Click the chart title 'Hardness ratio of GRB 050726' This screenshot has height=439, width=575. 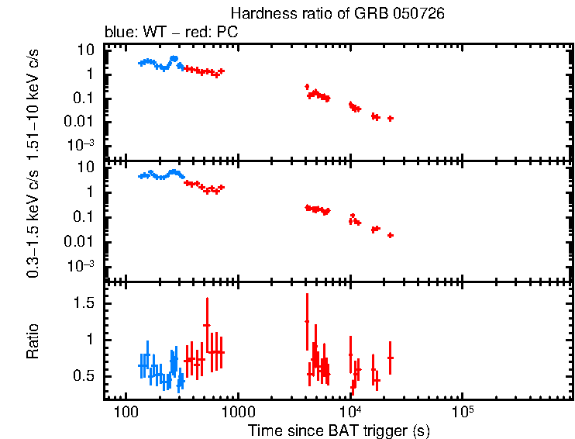(x=338, y=15)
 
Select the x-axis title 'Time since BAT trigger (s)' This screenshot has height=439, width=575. (x=339, y=430)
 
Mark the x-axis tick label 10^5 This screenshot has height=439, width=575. (x=463, y=409)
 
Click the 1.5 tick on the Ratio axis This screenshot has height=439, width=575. (x=84, y=303)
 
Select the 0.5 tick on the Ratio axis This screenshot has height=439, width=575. (x=84, y=375)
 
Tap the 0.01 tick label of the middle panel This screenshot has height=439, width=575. (x=81, y=241)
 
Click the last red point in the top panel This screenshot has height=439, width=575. (x=391, y=119)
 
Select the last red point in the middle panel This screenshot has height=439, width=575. (x=391, y=235)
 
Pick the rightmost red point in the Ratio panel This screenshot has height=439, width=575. (x=391, y=358)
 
